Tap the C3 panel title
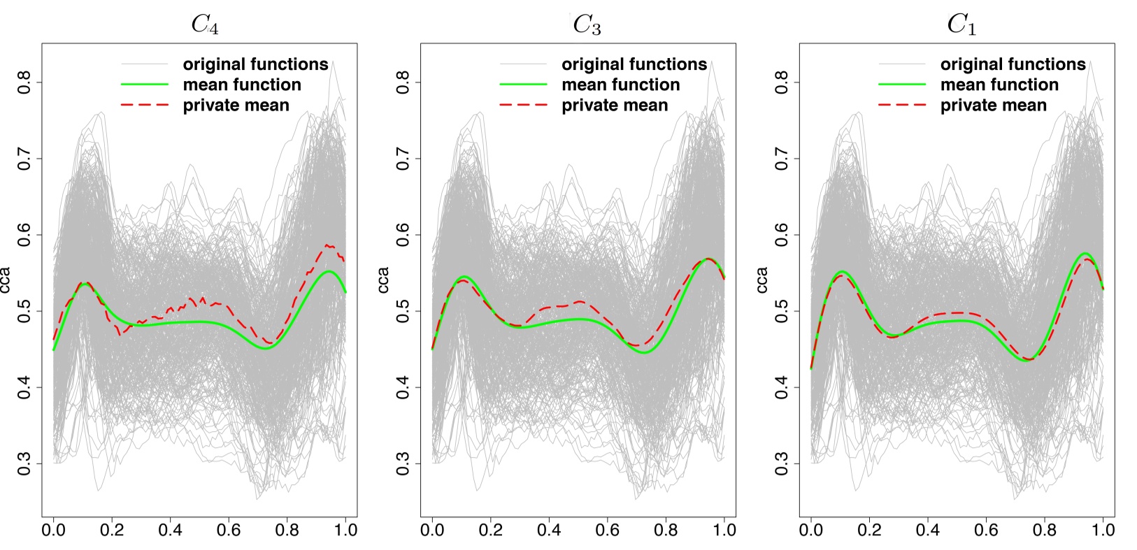coord(586,24)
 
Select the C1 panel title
coord(961,24)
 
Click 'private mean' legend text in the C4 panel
coord(236,106)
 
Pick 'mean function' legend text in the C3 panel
coord(620,85)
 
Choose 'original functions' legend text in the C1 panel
coord(1013,64)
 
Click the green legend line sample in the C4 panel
coord(145,85)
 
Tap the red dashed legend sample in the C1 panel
coord(902,105)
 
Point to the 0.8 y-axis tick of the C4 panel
coord(25,82)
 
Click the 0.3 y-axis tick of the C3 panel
coord(403,463)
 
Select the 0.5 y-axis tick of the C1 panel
coord(782,311)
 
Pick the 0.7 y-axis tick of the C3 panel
coord(403,159)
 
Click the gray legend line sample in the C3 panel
coord(523,64)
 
